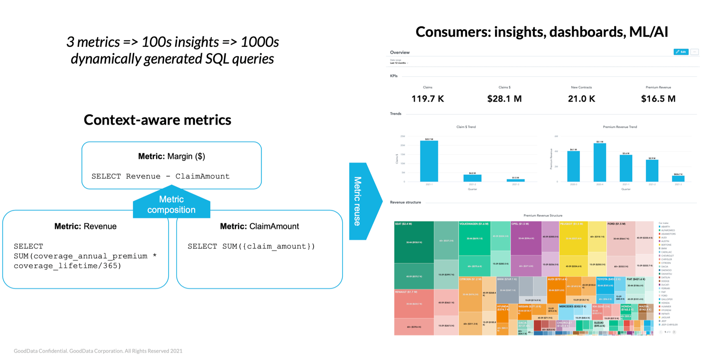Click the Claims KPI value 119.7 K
point(427,99)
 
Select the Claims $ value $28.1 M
point(504,99)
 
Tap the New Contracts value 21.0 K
point(581,99)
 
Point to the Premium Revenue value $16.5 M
point(658,99)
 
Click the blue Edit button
point(681,52)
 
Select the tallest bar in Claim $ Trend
point(429,161)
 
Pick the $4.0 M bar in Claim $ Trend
point(472,178)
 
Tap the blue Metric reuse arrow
point(362,201)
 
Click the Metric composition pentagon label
point(171,204)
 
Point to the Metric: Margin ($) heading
point(171,156)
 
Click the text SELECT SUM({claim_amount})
point(251,246)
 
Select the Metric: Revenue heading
point(85,226)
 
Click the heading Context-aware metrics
point(157,120)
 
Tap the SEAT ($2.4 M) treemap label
point(403,224)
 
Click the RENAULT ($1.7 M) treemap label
point(406,292)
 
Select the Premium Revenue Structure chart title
point(543,215)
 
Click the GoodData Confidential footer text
point(98,351)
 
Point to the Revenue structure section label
point(405,202)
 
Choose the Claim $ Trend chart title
point(466,127)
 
